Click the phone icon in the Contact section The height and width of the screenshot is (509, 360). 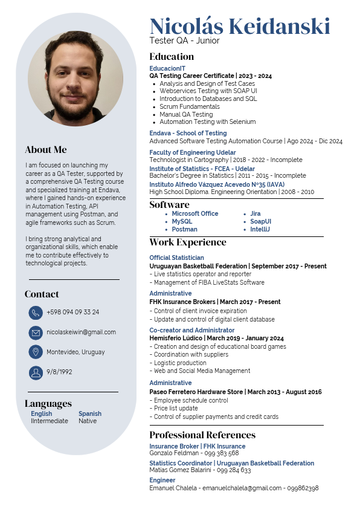coord(36,313)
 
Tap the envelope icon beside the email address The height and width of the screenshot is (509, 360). coord(36,332)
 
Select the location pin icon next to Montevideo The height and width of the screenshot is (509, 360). coord(36,352)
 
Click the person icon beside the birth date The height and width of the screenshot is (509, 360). coord(36,372)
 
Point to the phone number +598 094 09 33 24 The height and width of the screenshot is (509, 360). coord(73,313)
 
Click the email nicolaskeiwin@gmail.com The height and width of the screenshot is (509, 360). coord(81,332)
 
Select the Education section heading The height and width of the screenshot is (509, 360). coord(172,57)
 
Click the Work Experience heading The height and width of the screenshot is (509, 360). coord(188,242)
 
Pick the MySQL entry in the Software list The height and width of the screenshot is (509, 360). coord(182,222)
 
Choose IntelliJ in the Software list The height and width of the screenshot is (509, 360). coord(260,230)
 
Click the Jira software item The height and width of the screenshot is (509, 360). coord(256,214)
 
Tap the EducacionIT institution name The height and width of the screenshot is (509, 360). coord(168,69)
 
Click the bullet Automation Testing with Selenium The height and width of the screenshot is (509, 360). coord(207,122)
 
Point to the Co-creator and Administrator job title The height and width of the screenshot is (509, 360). coord(191,331)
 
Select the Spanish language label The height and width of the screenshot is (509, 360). coord(90,414)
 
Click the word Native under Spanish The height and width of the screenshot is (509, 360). coord(88,421)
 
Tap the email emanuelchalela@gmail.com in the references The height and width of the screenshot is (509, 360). coord(242,488)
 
